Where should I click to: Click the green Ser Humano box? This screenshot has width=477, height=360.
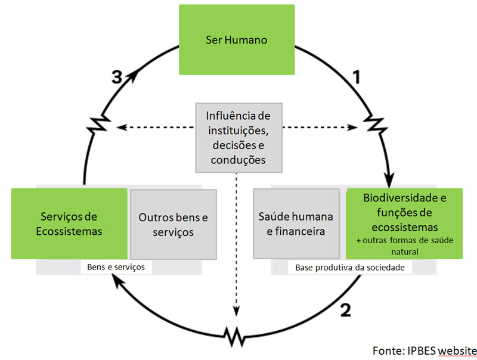[237, 41]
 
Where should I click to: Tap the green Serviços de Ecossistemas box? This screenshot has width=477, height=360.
[69, 224]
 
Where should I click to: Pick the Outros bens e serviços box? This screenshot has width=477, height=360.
[174, 224]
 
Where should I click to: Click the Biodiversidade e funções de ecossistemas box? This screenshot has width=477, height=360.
[404, 224]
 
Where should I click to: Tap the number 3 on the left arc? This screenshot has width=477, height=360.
[117, 76]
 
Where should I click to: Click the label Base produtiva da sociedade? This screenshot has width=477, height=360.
[350, 268]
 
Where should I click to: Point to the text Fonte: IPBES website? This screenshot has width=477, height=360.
[424, 349]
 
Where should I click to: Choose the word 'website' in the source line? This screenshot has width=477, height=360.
[456, 349]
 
